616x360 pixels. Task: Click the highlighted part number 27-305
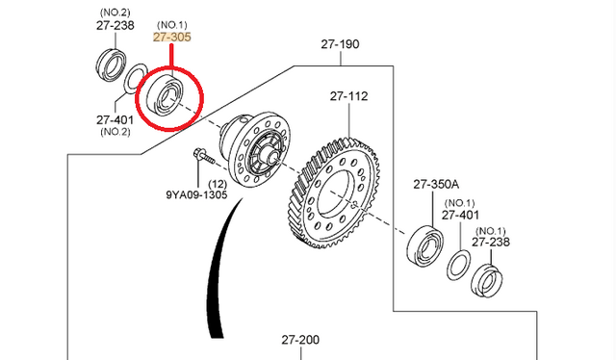pyautogui.click(x=172, y=37)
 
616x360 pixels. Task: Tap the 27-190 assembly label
pyautogui.click(x=340, y=44)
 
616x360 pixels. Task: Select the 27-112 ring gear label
pyautogui.click(x=348, y=96)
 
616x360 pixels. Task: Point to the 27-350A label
pyautogui.click(x=436, y=184)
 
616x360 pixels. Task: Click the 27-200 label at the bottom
pyautogui.click(x=300, y=340)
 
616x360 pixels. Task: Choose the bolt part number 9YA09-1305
pyautogui.click(x=196, y=194)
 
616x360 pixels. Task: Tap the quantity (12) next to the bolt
pyautogui.click(x=218, y=184)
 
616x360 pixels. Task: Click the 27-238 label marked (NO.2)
pyautogui.click(x=115, y=26)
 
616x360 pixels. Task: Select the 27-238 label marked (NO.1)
pyautogui.click(x=491, y=243)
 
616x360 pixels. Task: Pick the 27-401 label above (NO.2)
pyautogui.click(x=115, y=120)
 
